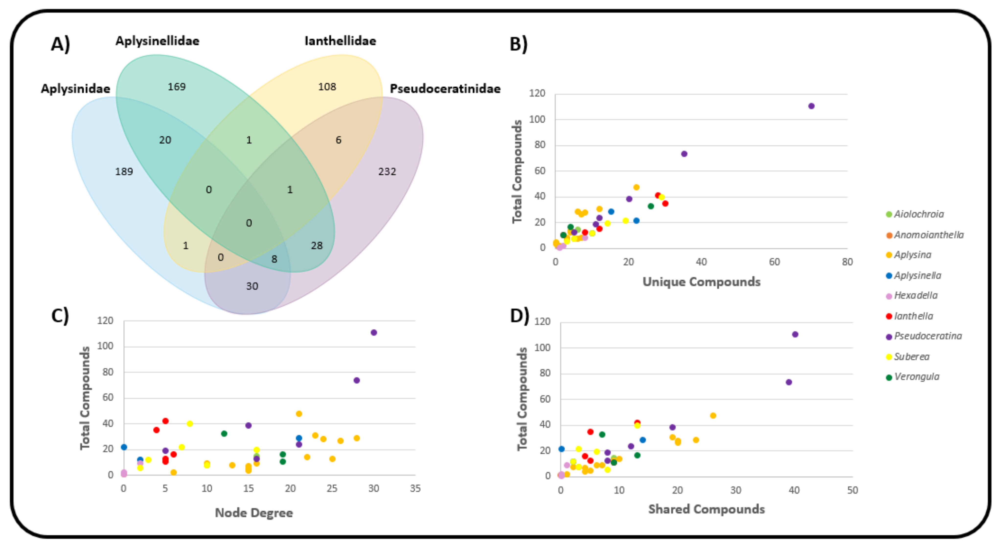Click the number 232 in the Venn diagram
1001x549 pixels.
[387, 171]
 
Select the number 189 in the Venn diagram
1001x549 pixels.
[124, 171]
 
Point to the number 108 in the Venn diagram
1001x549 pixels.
[327, 87]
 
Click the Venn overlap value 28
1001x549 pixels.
[317, 246]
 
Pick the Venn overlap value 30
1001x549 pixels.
[252, 286]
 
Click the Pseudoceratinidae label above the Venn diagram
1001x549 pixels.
[445, 89]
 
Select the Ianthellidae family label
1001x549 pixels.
[340, 41]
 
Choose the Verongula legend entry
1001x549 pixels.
[917, 377]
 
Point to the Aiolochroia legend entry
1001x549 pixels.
[919, 214]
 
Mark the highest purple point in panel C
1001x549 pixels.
[374, 332]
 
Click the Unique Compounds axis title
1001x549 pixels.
[701, 282]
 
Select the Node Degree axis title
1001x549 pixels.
[254, 513]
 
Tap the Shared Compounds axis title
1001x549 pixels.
[706, 509]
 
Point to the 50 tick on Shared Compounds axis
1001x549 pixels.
[852, 490]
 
